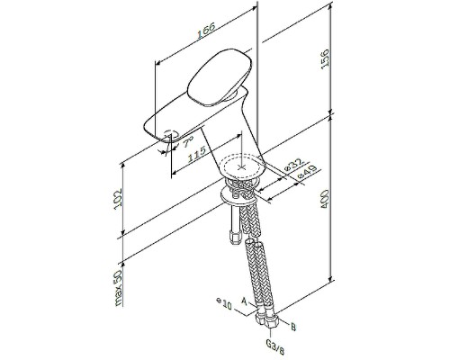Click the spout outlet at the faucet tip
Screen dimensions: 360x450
[x=166, y=136]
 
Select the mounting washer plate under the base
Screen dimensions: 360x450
[x=238, y=193]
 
